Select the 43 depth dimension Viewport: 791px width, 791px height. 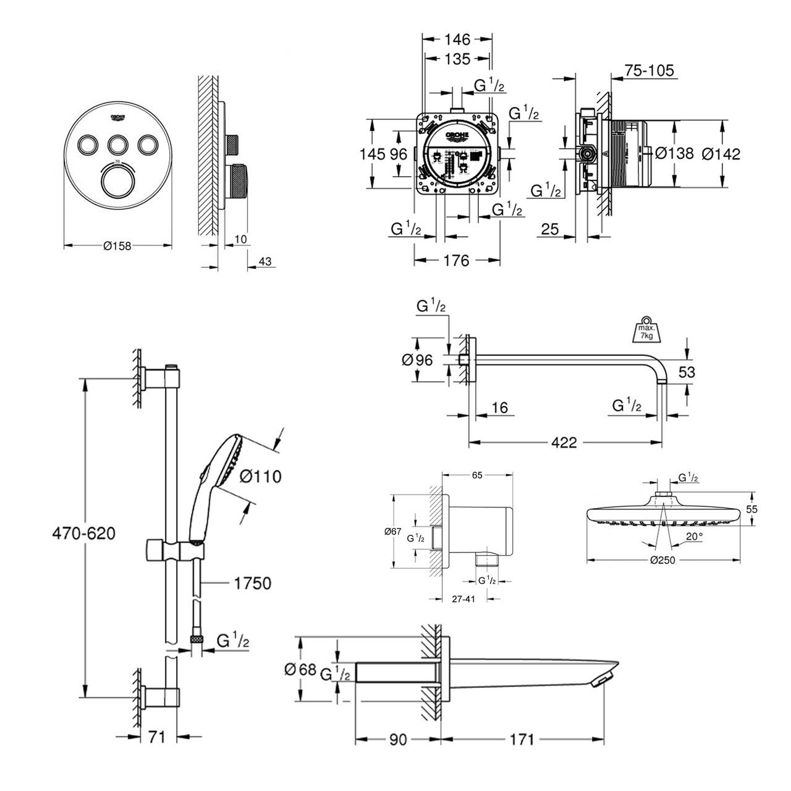coord(264,262)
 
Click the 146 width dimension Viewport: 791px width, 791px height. coord(457,40)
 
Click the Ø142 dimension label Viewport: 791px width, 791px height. coord(721,154)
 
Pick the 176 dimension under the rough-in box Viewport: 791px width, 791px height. coord(457,261)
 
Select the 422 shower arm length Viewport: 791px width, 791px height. coord(564,442)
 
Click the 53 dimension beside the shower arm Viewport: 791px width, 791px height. coord(687,371)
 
